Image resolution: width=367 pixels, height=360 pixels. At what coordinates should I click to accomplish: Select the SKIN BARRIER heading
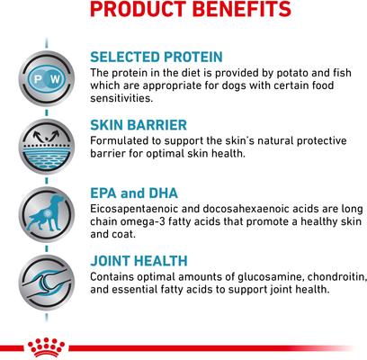tap(139, 125)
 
